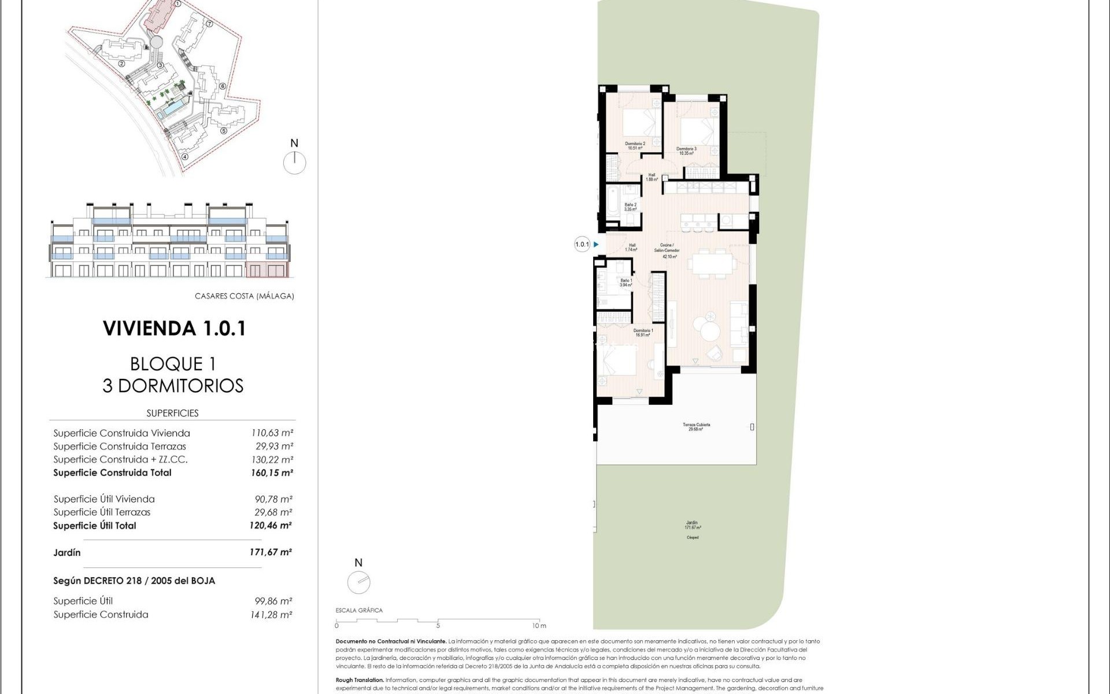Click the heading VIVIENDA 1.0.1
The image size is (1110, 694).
click(175, 328)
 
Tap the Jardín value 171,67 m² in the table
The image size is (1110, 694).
click(271, 552)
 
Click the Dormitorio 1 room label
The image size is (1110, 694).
click(643, 333)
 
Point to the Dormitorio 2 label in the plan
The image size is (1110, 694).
click(635, 146)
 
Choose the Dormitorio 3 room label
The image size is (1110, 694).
click(686, 151)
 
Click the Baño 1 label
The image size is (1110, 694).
click(626, 283)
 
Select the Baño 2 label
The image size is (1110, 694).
click(630, 206)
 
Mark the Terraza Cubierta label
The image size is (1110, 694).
click(696, 427)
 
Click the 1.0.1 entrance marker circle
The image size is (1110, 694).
click(582, 245)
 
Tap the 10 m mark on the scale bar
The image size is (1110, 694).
click(539, 625)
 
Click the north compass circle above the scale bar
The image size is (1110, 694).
click(358, 582)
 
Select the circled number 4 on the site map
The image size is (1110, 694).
click(185, 156)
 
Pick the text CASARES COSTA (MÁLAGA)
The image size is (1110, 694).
click(244, 296)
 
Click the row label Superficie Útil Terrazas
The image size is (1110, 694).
click(102, 512)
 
